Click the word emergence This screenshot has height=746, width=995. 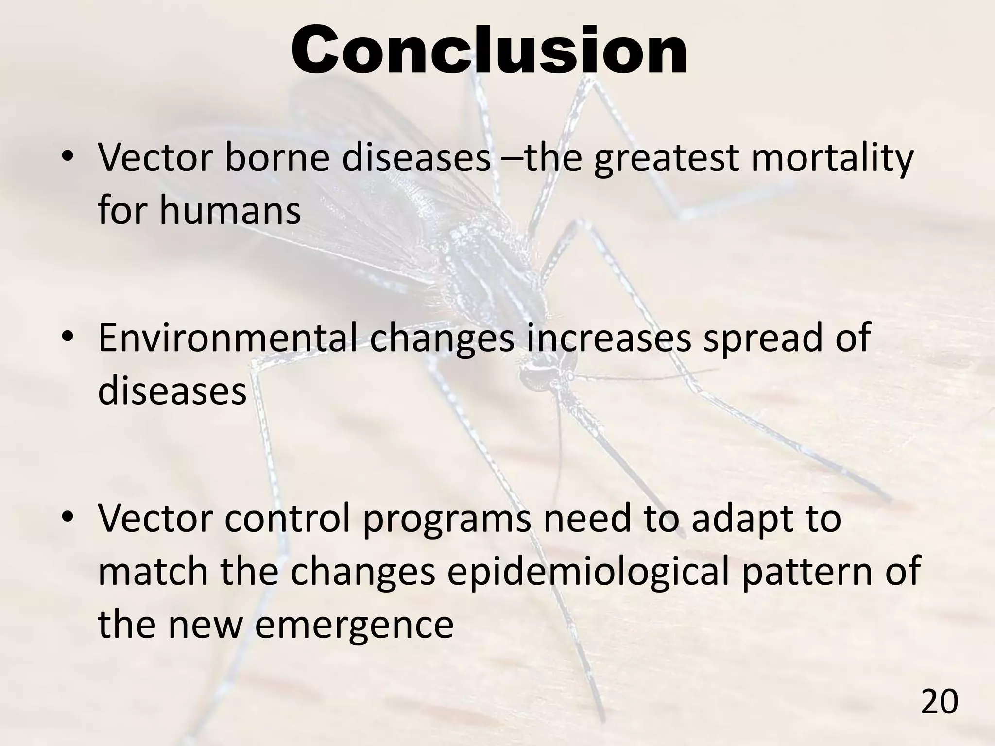point(354,624)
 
